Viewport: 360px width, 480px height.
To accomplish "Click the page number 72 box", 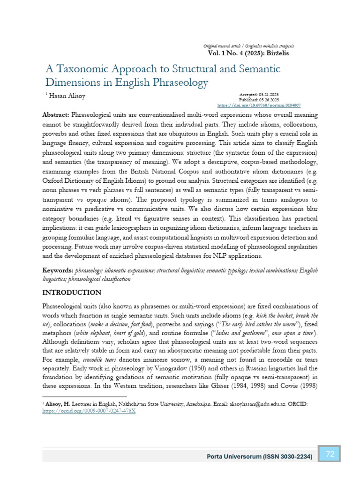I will click(330, 454).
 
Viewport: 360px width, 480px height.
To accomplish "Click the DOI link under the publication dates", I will click(259, 105).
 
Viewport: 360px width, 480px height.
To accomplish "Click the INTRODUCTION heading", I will click(72, 292).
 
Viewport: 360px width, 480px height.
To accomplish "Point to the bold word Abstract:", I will click(56, 115).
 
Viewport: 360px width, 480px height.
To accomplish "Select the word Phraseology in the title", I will click(180, 82).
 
